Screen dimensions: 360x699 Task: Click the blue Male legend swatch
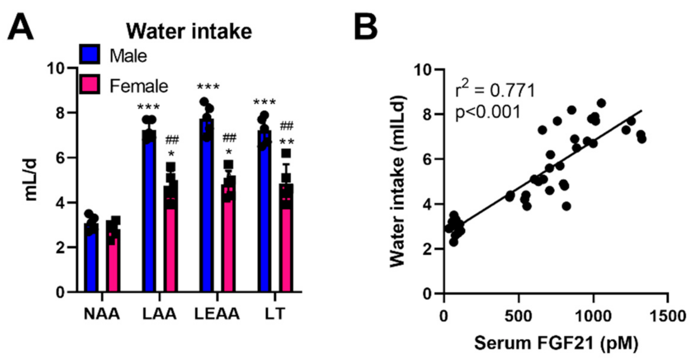pos(89,54)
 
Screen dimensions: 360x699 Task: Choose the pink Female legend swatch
pos(89,84)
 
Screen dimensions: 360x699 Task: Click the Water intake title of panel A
pos(189,32)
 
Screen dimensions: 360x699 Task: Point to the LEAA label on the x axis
pos(217,314)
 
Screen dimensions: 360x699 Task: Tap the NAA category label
pos(102,314)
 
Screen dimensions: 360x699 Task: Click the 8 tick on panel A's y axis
pos(60,113)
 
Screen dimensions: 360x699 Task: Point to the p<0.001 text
pos(488,112)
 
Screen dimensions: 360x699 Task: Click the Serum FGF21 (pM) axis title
pos(556,343)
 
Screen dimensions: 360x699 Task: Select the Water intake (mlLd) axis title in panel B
pos(398,180)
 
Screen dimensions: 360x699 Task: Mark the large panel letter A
pos(21,27)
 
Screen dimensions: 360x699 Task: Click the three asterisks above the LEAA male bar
pos(208,87)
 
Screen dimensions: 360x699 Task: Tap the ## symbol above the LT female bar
pos(287,126)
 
